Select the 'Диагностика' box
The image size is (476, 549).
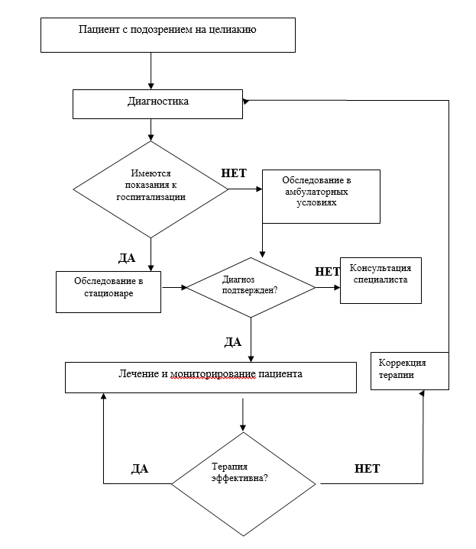point(158,103)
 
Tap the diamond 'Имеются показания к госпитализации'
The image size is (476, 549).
point(150,189)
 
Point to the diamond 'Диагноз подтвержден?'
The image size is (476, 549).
point(251,288)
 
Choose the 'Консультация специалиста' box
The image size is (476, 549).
point(380,279)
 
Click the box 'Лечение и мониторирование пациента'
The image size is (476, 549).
point(210,376)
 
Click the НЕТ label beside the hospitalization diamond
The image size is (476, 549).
point(233,173)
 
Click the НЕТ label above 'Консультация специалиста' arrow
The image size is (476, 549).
point(327,271)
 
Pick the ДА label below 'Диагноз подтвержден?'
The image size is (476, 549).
point(232,341)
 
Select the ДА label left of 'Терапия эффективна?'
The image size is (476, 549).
point(139,469)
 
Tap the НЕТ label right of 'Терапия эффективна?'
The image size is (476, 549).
point(367,468)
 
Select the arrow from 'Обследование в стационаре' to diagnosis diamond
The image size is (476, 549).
point(173,288)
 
